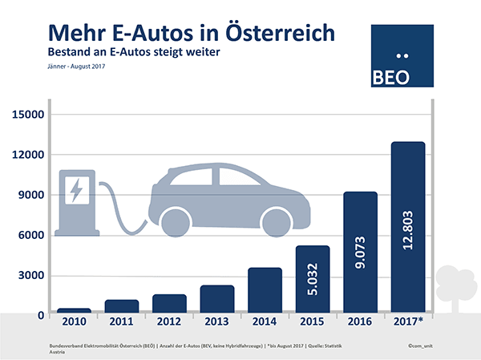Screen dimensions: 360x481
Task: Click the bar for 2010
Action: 74,309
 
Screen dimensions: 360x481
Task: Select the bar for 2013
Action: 217,298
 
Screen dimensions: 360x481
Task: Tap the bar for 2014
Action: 265,289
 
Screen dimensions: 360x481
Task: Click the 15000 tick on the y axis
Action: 28,114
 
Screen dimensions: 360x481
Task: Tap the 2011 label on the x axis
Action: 121,322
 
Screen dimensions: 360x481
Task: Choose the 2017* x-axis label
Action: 409,322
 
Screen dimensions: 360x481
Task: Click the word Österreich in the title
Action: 278,33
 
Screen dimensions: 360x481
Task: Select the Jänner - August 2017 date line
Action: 77,66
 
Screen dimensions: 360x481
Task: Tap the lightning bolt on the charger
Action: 77,190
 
